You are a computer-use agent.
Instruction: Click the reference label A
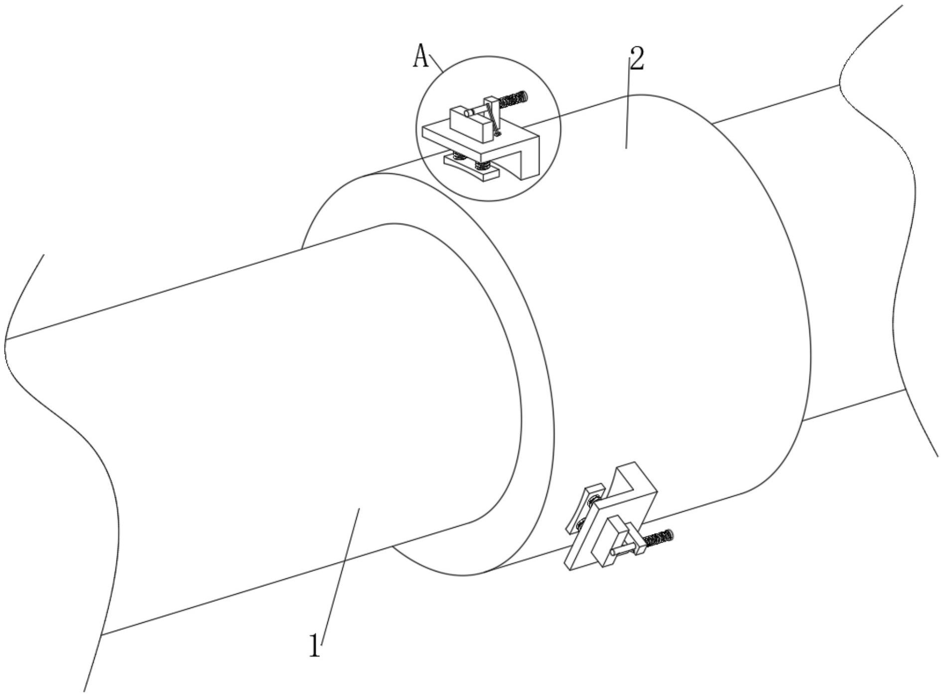pyautogui.click(x=421, y=56)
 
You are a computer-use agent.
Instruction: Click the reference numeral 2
pyautogui.click(x=637, y=59)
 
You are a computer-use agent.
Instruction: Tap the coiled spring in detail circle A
pyautogui.click(x=513, y=99)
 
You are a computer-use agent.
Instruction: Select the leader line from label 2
pyautogui.click(x=628, y=105)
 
